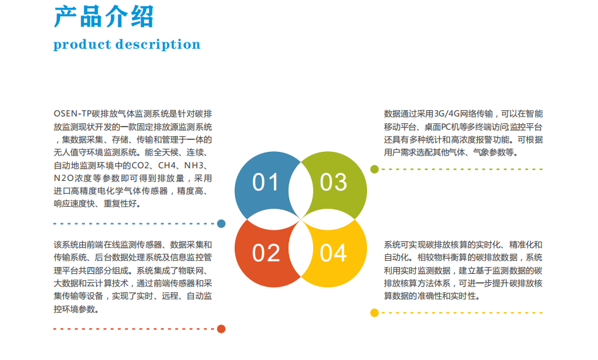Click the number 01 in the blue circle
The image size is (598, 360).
tap(265, 182)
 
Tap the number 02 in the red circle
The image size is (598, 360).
tap(266, 253)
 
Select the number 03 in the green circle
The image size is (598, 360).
tap(333, 182)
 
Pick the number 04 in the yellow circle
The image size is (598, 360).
tap(333, 253)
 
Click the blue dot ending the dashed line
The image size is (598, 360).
tap(221, 223)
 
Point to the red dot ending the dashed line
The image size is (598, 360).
tap(221, 329)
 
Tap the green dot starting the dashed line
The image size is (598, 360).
tap(375, 169)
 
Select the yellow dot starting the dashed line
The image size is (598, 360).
tap(375, 313)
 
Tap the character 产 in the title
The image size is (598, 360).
tap(65, 16)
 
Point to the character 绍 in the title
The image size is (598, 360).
tap(142, 16)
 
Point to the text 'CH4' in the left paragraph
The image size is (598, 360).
tap(167, 166)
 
